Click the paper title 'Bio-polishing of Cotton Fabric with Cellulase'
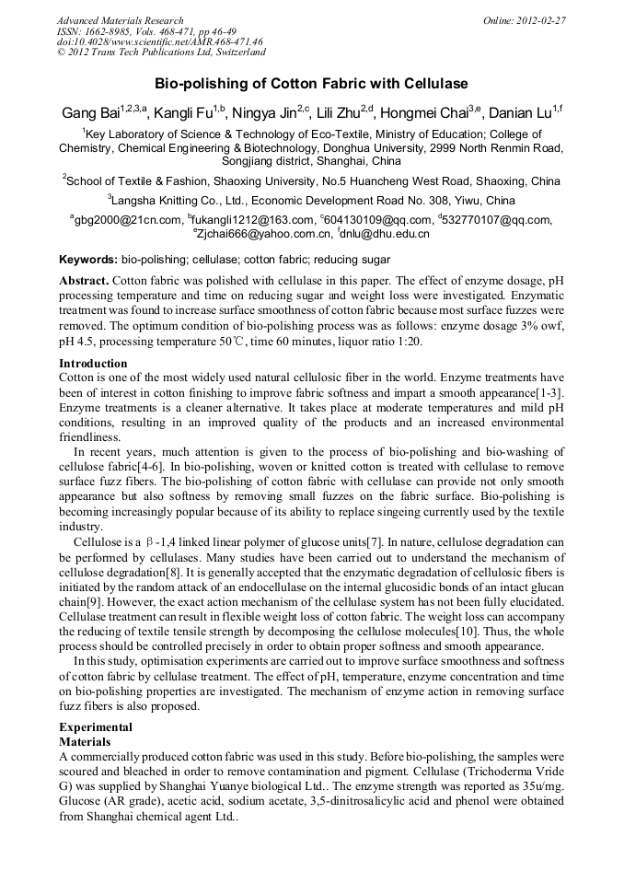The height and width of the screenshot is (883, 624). [x=311, y=84]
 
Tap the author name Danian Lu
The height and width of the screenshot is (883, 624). [x=518, y=113]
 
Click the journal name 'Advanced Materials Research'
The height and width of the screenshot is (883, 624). [x=120, y=20]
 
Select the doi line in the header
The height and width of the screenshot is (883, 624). [x=159, y=42]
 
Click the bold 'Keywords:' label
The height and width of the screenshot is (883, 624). [x=88, y=260]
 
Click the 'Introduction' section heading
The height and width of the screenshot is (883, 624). [x=93, y=364]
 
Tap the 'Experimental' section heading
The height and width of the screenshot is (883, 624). [x=96, y=727]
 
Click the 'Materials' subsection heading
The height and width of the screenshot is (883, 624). [x=85, y=741]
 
